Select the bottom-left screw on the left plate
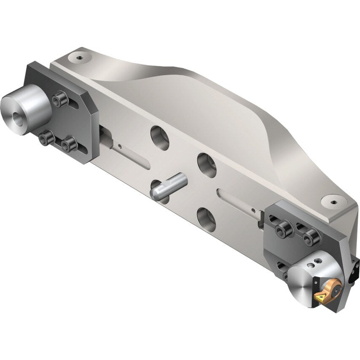46,139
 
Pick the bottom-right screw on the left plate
68,145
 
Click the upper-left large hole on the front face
160,137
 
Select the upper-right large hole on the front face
207,164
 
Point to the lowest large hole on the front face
206,219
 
